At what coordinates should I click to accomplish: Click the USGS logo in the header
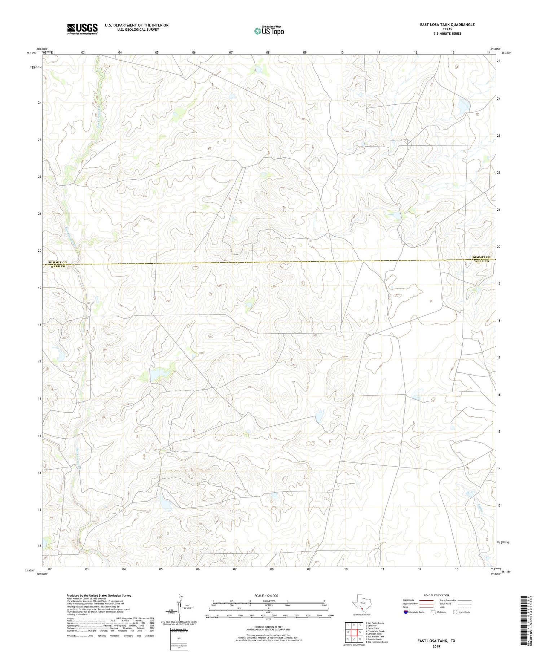pos(82,29)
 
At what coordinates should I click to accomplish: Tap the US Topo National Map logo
pos(269,30)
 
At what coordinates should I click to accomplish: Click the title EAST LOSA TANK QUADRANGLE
pos(442,25)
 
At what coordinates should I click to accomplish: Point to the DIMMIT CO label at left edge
pos(58,262)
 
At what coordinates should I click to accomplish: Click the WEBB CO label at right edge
pos(481,261)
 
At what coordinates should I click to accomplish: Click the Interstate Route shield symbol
pos(405,612)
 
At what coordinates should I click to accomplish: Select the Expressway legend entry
pos(409,600)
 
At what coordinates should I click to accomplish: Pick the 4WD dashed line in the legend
pos(465,607)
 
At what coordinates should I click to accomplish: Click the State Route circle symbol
pos(456,612)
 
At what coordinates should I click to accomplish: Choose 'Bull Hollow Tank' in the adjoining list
pos(375,637)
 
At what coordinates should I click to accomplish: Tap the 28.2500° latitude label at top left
pos(31,53)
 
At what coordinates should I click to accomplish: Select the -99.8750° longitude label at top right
pos(496,49)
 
